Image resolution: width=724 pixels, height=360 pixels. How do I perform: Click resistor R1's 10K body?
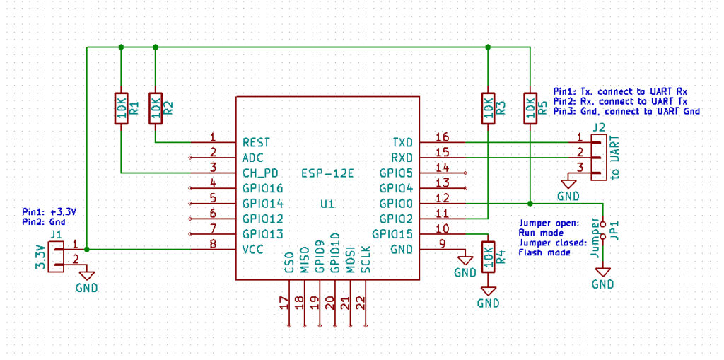[121, 108]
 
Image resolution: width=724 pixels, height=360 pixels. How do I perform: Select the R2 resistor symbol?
[155, 108]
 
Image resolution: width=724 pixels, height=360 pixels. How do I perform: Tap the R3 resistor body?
[488, 108]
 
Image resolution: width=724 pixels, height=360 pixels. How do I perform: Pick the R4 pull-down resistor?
[488, 257]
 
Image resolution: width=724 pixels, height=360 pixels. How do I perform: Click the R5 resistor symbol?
[530, 108]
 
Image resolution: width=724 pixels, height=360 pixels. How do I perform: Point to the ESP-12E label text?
[327, 173]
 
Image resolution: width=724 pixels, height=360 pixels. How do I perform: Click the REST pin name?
[257, 142]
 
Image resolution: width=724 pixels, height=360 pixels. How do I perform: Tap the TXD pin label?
[402, 142]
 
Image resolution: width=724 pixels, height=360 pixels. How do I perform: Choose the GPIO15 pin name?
[393, 234]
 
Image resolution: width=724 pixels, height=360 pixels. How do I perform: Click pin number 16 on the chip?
[442, 137]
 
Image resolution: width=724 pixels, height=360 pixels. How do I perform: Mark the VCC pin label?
[254, 250]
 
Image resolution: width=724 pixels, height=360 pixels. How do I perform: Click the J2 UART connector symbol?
[598, 157]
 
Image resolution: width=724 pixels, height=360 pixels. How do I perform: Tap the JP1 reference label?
[615, 228]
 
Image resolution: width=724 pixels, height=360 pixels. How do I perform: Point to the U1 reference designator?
[327, 204]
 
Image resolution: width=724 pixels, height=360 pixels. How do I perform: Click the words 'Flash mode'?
[544, 252]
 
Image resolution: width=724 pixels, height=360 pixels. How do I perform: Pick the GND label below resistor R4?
[488, 303]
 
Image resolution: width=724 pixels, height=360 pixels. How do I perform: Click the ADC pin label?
[252, 158]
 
